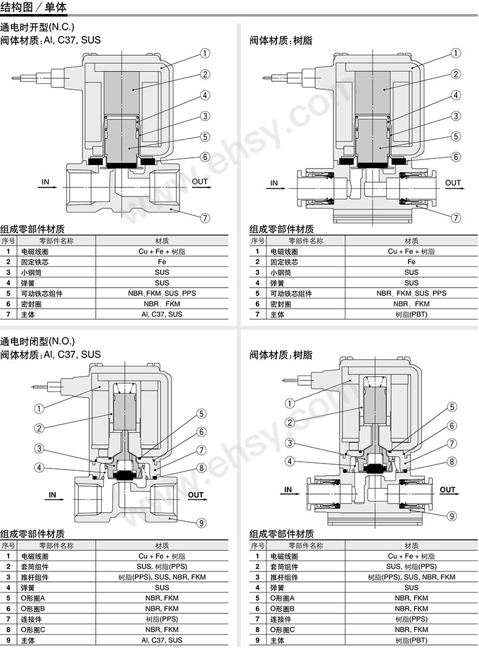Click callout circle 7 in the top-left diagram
click(x=205, y=218)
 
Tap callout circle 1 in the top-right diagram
click(x=455, y=53)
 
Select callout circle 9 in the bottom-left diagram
click(x=201, y=523)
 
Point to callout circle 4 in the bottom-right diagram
click(x=290, y=461)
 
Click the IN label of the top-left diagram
click(x=45, y=182)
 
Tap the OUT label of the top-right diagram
click(x=452, y=183)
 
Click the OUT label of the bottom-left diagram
click(x=196, y=494)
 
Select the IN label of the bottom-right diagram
click(x=288, y=490)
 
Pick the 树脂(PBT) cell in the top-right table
click(x=411, y=314)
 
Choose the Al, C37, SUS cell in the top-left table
click(x=162, y=314)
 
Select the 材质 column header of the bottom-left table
click(x=162, y=545)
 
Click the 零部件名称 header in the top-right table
click(x=306, y=241)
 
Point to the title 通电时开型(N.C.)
click(x=37, y=27)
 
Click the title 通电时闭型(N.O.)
click(x=38, y=342)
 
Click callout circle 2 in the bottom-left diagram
click(x=39, y=428)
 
